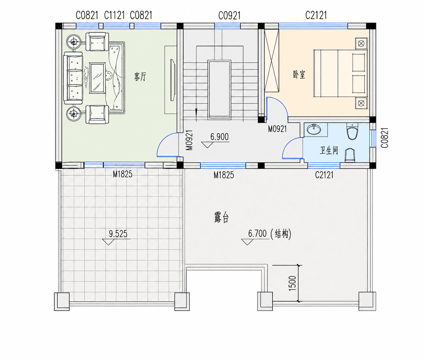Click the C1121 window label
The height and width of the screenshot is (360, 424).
(114, 15)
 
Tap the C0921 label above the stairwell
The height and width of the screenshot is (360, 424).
(229, 16)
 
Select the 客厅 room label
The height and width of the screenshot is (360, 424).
(140, 77)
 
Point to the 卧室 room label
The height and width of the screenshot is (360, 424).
(299, 74)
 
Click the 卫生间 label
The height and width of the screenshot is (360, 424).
(329, 150)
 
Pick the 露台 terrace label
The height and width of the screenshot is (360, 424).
(221, 217)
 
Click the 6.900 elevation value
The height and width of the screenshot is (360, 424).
(219, 137)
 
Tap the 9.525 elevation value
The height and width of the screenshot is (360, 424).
(118, 234)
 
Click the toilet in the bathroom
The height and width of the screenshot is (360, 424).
(352, 131)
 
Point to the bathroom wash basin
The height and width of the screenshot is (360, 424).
(314, 130)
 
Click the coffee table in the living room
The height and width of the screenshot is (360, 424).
(97, 78)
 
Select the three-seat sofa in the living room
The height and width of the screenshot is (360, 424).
(73, 78)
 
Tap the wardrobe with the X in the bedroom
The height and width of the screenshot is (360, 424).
(272, 61)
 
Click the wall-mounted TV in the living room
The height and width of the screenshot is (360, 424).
(173, 80)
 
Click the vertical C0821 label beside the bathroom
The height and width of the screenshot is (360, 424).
(385, 138)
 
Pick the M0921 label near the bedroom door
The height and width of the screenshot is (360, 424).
(277, 129)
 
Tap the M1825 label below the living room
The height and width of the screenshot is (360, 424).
(123, 174)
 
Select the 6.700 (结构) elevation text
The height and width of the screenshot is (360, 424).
(270, 234)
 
